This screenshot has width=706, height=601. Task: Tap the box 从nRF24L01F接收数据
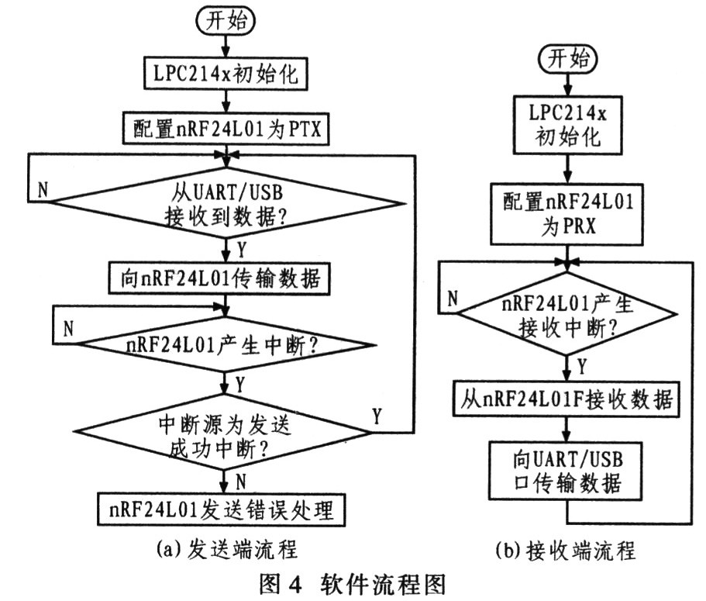coord(568,400)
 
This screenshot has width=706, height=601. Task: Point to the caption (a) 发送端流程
coord(226,548)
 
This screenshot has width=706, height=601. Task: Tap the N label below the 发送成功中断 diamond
coord(241,481)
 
